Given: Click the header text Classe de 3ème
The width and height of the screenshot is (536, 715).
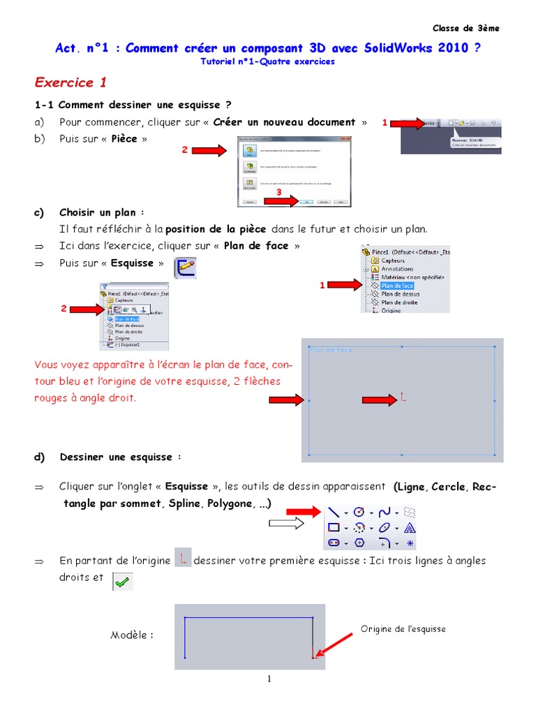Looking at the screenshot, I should pyautogui.click(x=466, y=28).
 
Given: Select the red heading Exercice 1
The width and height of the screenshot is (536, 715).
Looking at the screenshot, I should pyautogui.click(x=70, y=82).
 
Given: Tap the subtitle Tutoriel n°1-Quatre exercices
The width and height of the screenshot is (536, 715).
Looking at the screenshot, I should pyautogui.click(x=267, y=61).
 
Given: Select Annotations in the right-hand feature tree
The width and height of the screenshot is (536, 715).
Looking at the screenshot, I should pyautogui.click(x=396, y=269).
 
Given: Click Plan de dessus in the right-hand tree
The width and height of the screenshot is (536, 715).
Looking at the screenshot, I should pyautogui.click(x=400, y=294).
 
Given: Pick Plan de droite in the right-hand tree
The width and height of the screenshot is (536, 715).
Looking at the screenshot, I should pyautogui.click(x=400, y=302).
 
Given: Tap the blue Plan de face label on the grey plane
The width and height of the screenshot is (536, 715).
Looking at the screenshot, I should pyautogui.click(x=331, y=349).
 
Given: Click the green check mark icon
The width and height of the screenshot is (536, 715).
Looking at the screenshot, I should pyautogui.click(x=123, y=581).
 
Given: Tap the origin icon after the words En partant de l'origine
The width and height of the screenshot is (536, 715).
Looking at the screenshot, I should pyautogui.click(x=182, y=558).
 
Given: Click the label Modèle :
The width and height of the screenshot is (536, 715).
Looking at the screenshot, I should pyautogui.click(x=132, y=635).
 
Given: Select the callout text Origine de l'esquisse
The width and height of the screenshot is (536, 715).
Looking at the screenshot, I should pyautogui.click(x=403, y=629).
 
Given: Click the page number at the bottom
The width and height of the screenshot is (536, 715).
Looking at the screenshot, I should pyautogui.click(x=269, y=681).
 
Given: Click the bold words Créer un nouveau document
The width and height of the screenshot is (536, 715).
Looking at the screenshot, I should pyautogui.click(x=284, y=122).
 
